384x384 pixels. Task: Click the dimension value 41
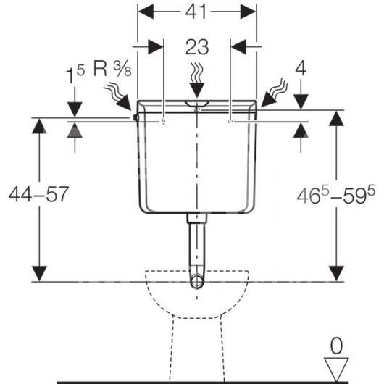coord(196,12)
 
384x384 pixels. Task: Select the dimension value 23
coord(197,47)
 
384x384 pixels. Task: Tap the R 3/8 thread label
coord(112,69)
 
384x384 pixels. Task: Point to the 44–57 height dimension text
coord(38,194)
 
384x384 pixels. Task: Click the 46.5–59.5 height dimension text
coord(335,194)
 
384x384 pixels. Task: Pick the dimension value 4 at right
coord(301,69)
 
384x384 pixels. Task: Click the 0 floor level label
coord(336,346)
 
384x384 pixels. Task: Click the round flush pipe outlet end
coord(197,281)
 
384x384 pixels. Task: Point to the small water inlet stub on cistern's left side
coord(135,118)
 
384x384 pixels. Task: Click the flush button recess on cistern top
coord(197,104)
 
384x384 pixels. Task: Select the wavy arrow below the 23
coord(197,80)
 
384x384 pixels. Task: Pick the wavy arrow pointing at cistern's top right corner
coord(275,93)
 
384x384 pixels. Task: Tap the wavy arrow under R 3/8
coord(118,96)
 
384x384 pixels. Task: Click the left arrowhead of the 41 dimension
coord(146,12)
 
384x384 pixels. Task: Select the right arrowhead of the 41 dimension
coord(248,12)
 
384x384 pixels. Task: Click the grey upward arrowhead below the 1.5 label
coord(75,130)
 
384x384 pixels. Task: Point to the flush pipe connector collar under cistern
coord(197,218)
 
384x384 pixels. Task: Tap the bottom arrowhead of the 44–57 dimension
coord(39,274)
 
